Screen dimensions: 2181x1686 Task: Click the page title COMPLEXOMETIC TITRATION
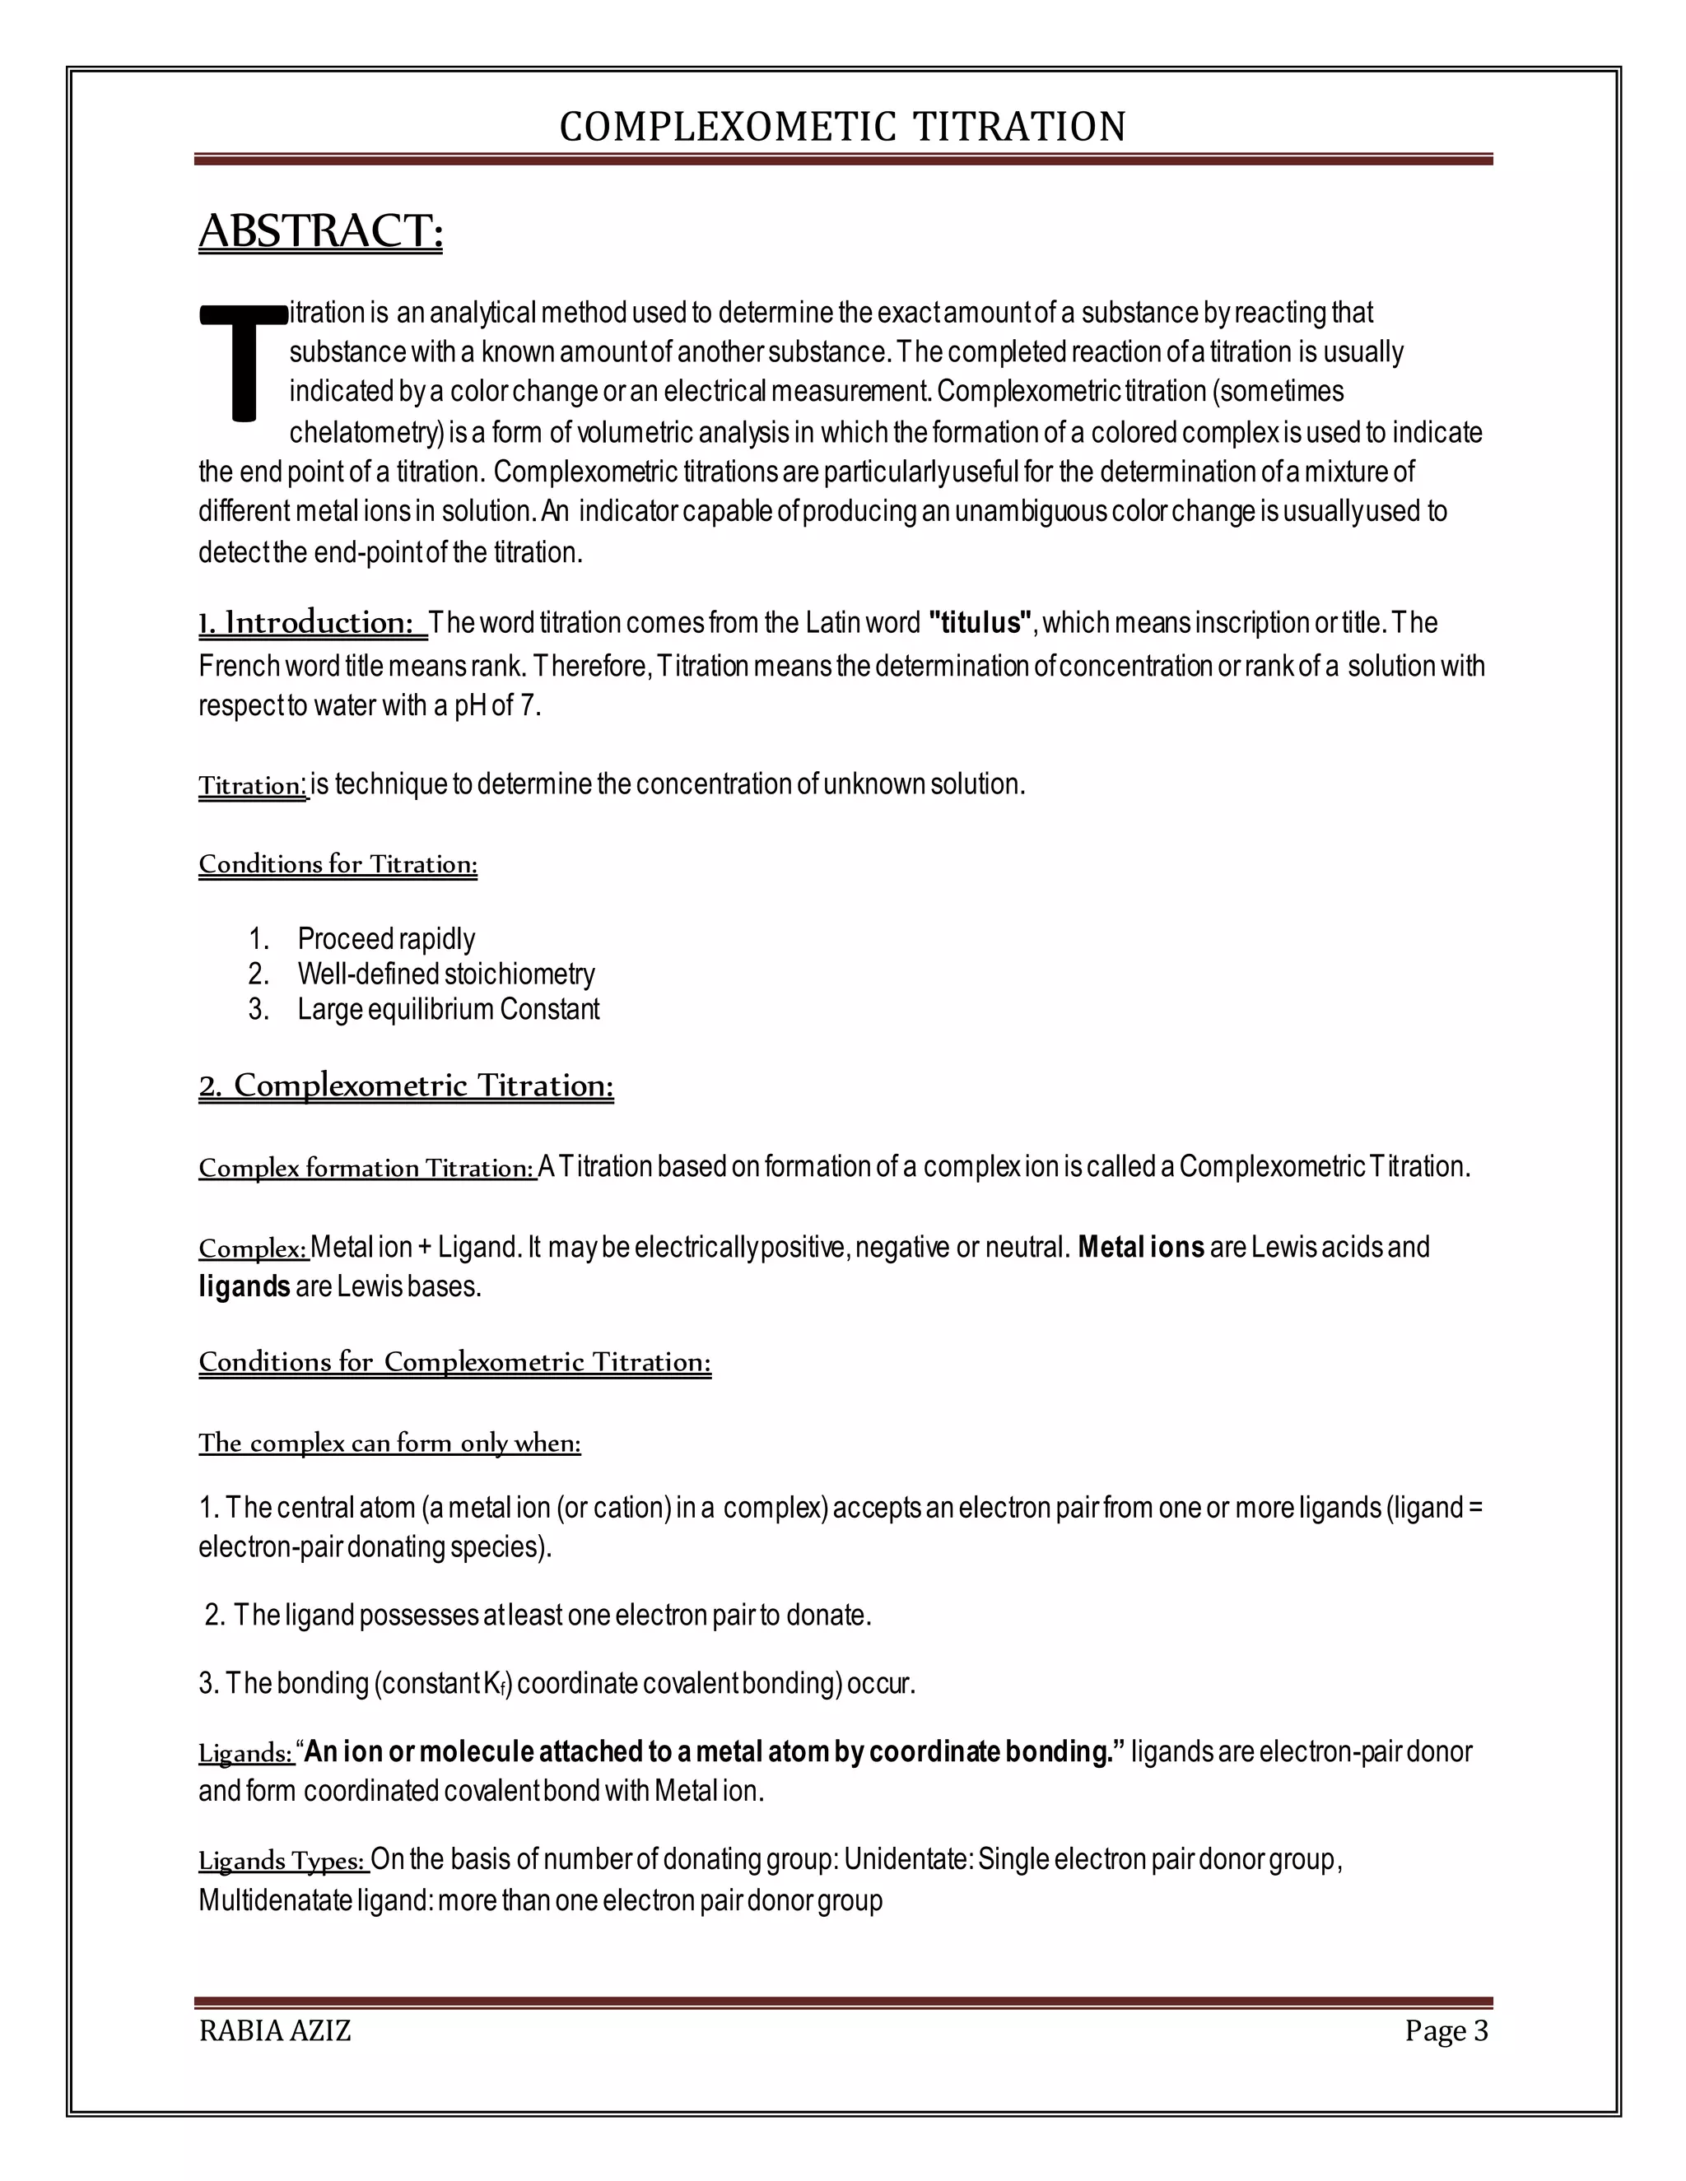pyautogui.click(x=842, y=127)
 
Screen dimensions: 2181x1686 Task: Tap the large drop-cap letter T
pyautogui.click(x=243, y=362)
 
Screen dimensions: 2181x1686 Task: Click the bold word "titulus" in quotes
pyautogui.click(x=979, y=623)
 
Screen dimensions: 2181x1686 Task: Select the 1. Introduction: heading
pyautogui.click(x=312, y=623)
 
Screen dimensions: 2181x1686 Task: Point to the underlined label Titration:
pyautogui.click(x=252, y=786)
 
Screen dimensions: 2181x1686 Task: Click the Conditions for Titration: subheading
pyautogui.click(x=338, y=864)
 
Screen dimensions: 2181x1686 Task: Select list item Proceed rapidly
pyautogui.click(x=385, y=939)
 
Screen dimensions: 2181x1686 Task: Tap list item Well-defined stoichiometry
pyautogui.click(x=445, y=974)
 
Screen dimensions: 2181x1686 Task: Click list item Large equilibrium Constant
pyautogui.click(x=448, y=1009)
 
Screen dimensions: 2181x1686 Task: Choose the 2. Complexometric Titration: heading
pyautogui.click(x=406, y=1086)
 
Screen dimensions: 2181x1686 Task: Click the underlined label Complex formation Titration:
pyautogui.click(x=366, y=1167)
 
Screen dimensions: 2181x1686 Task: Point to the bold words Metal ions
pyautogui.click(x=1141, y=1247)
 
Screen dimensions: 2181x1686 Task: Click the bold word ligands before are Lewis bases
pyautogui.click(x=244, y=1286)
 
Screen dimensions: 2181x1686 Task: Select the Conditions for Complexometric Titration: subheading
pyautogui.click(x=454, y=1362)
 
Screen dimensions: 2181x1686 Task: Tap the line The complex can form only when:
pyautogui.click(x=389, y=1443)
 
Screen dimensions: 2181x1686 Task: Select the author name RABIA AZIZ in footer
pyautogui.click(x=275, y=2031)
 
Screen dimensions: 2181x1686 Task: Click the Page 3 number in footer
pyautogui.click(x=1446, y=2031)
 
